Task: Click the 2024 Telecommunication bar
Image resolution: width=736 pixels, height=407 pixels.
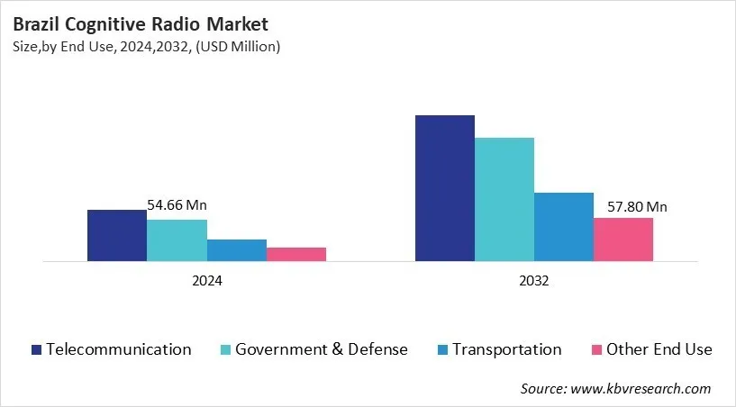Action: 116,236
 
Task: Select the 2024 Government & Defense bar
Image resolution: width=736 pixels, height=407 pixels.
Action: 177,240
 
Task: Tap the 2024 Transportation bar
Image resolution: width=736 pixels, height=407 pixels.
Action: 236,250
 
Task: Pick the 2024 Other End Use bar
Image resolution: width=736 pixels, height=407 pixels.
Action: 296,254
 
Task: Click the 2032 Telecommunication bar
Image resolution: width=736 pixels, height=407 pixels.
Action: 444,188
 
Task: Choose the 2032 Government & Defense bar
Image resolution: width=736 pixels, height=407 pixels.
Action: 504,199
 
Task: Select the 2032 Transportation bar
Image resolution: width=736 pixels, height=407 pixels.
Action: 564,227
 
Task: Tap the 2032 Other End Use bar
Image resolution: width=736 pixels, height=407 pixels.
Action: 623,240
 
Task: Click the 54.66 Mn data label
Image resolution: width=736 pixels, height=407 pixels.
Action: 177,206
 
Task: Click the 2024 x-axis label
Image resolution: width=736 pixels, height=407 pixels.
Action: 206,280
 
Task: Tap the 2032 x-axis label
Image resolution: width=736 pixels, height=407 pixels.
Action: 533,280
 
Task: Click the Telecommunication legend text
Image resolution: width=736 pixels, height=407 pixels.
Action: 119,349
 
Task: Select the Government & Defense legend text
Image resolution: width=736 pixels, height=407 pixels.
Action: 322,349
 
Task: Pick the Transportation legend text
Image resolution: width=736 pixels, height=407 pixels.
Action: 506,349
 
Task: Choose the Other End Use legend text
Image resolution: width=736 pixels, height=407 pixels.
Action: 659,349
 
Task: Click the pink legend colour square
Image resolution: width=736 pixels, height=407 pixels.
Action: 595,349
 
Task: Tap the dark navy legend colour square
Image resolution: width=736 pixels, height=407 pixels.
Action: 36,349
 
